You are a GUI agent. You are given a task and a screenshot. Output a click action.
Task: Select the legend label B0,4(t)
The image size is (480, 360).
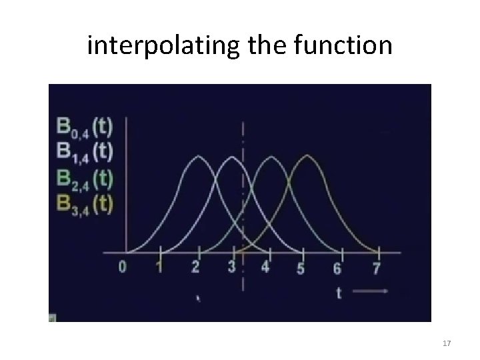point(84,125)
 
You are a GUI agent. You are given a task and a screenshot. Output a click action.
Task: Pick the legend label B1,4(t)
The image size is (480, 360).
point(84,151)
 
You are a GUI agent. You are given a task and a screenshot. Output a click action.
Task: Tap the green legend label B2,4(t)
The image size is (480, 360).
point(84,177)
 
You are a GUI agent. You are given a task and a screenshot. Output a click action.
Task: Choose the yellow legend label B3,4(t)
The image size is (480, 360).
point(84,203)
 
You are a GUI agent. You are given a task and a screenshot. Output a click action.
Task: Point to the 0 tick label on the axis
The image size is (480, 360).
point(123,268)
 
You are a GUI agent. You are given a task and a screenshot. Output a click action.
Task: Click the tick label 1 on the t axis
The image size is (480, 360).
point(158,268)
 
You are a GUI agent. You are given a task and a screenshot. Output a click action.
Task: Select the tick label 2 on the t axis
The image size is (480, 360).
point(195,268)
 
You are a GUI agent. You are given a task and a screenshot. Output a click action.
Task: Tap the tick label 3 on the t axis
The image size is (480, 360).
point(231,268)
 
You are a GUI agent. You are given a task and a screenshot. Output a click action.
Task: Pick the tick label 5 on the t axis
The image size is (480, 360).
point(301,269)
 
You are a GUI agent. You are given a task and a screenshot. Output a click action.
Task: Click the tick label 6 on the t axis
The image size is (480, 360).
point(337,269)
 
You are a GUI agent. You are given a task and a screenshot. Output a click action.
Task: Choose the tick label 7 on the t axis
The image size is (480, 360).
point(376,269)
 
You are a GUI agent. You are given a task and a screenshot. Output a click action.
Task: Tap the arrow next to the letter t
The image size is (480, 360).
point(371,292)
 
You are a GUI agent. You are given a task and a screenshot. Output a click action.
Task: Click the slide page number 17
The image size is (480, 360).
point(447,343)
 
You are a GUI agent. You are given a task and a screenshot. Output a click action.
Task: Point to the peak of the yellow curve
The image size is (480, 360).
point(307,156)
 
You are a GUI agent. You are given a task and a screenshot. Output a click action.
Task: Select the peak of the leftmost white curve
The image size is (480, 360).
point(197,157)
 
